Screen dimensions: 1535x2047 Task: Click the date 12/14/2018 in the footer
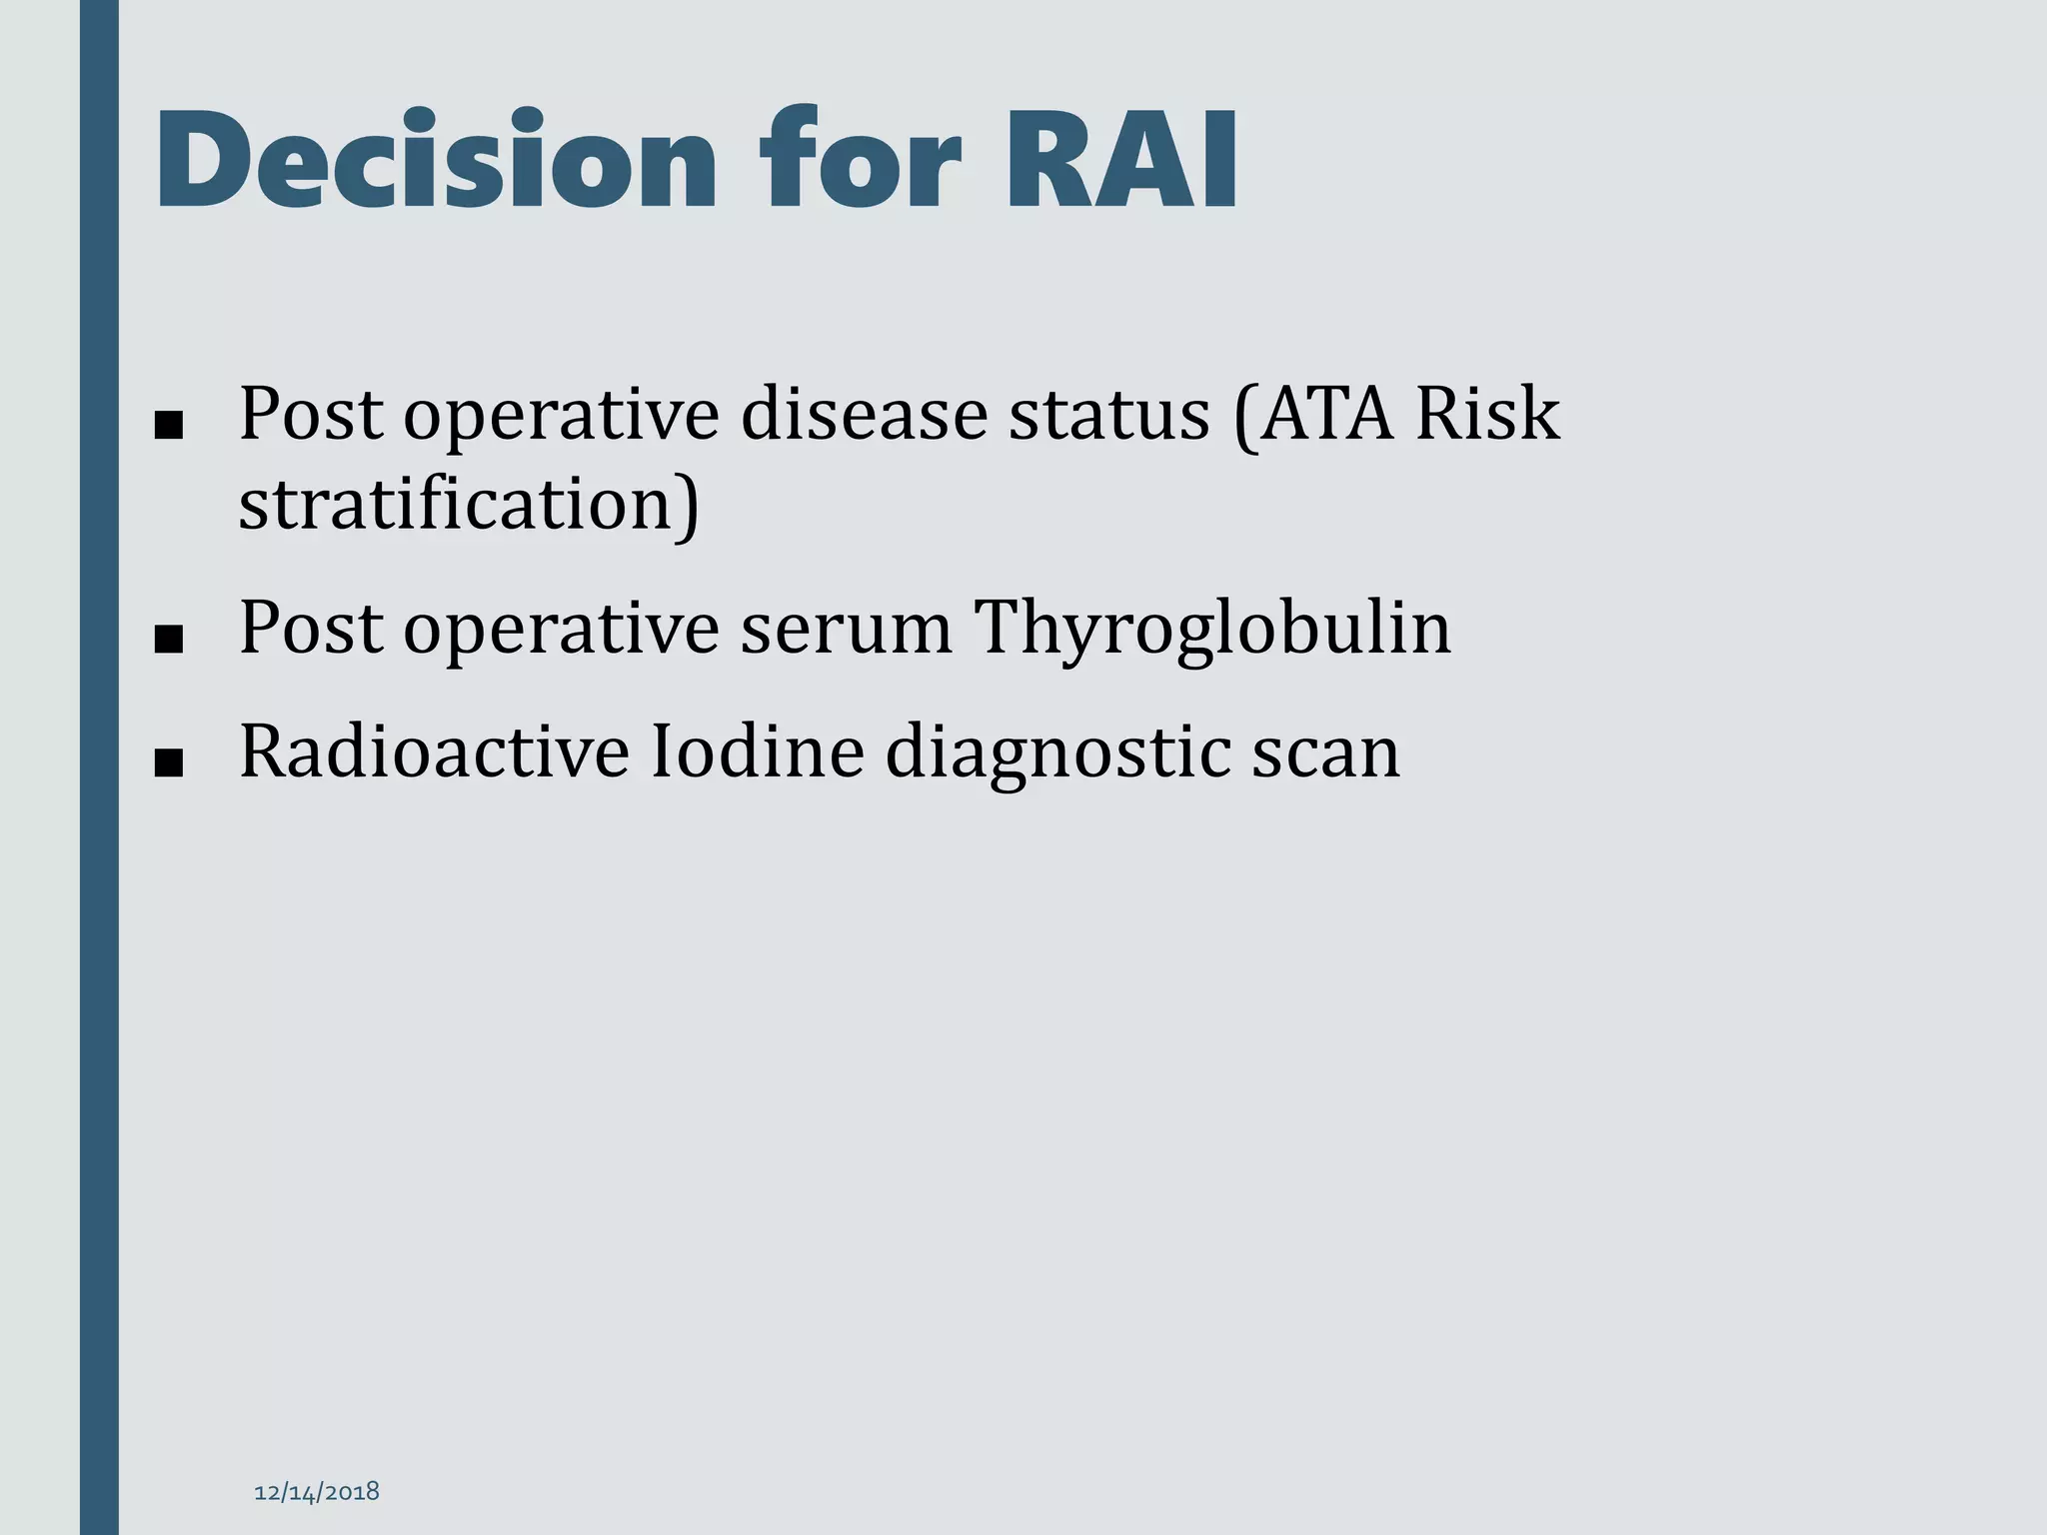[317, 1492]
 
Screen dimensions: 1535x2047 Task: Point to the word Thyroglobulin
[1212, 629]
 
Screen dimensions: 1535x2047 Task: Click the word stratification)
[469, 505]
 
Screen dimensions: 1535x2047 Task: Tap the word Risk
[1488, 415]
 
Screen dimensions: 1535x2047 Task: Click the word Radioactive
[434, 753]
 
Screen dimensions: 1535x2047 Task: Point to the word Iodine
[757, 753]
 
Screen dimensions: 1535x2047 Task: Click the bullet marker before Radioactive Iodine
[169, 765]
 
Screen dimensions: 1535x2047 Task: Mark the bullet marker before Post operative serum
[169, 641]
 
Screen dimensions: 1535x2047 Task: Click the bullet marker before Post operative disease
[169, 427]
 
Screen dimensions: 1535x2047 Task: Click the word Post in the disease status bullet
[310, 415]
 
